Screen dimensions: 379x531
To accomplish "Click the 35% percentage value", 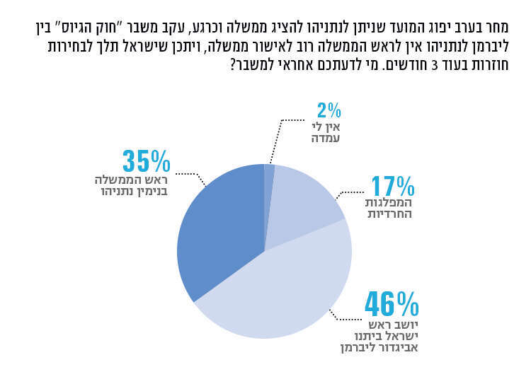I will (x=147, y=161).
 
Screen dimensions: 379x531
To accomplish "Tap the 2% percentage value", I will (x=329, y=110).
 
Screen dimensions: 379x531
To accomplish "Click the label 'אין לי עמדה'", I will (x=327, y=132).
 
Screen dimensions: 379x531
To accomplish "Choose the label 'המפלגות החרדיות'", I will (x=389, y=208).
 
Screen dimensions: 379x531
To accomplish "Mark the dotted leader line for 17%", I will (x=350, y=193).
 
